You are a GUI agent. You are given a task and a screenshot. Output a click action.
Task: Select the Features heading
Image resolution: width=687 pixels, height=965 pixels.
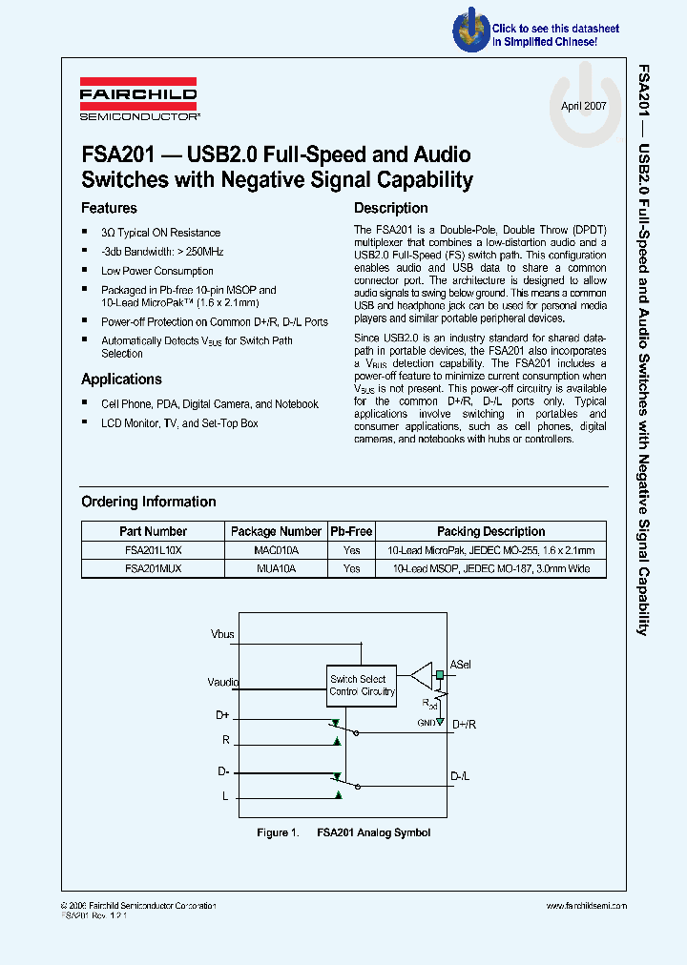pos(109,208)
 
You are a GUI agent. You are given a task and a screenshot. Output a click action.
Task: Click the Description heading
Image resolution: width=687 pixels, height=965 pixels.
pos(390,208)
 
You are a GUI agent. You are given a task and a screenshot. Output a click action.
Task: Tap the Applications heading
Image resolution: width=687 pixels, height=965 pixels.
pos(121,379)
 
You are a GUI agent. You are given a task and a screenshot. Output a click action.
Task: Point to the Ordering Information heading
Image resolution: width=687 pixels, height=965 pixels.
pos(148,502)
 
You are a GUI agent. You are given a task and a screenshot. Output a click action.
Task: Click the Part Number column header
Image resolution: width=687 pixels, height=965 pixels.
pos(153,531)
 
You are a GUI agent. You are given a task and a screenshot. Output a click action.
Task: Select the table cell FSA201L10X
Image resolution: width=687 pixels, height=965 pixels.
pos(153,550)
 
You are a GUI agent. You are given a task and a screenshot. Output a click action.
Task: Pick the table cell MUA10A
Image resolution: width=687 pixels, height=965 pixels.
pos(277,568)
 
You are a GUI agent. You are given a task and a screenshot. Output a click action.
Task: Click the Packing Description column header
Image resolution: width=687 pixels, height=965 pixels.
pos(490,531)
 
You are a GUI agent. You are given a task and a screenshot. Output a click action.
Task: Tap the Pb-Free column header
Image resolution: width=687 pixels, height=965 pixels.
pos(351,531)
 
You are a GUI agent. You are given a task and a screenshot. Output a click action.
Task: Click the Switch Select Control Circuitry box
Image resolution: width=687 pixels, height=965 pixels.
pos(362,685)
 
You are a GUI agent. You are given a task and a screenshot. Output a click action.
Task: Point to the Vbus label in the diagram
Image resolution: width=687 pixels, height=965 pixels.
pos(222,633)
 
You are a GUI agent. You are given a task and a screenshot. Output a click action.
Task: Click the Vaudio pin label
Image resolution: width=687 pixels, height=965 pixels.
pos(223,682)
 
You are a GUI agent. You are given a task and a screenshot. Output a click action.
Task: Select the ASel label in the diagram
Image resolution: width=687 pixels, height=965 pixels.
pos(460,664)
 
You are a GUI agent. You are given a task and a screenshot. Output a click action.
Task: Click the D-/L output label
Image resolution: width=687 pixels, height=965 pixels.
pos(460,776)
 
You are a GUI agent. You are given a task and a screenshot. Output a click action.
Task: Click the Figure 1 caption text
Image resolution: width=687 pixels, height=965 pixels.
pos(343,832)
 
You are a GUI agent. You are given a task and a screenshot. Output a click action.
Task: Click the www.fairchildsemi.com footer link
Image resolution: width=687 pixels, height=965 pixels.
pos(586,905)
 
